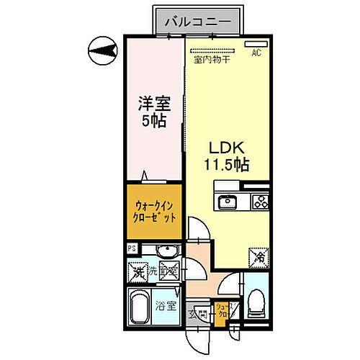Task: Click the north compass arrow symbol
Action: [x=100, y=50]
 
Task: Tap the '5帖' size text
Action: [x=153, y=122]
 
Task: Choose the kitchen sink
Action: [x=227, y=200]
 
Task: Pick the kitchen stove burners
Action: [x=258, y=201]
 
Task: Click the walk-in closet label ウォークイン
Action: [x=152, y=203]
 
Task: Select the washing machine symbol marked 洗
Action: [x=137, y=272]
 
